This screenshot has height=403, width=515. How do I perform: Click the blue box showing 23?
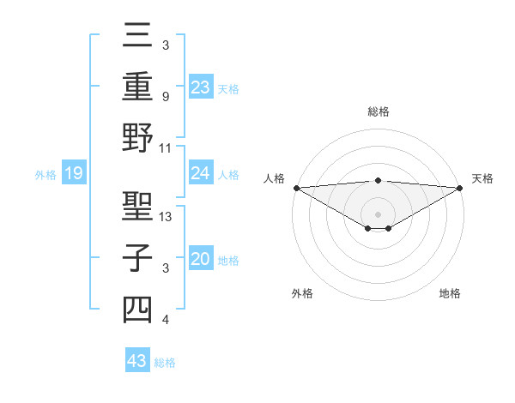pos(201,87)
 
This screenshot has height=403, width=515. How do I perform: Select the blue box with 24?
pos(201,173)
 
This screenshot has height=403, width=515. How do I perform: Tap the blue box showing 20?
pos(201,259)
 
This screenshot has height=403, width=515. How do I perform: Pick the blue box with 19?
pos(73,174)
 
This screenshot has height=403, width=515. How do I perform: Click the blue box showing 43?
pos(136,361)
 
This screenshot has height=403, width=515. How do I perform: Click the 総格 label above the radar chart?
pos(379,111)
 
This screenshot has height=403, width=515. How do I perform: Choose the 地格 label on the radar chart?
pos(450,293)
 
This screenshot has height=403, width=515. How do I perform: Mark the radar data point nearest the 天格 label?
pos(460,188)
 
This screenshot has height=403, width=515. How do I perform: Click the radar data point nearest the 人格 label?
pos(296,188)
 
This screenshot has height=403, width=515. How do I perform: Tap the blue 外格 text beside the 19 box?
pos(45,175)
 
